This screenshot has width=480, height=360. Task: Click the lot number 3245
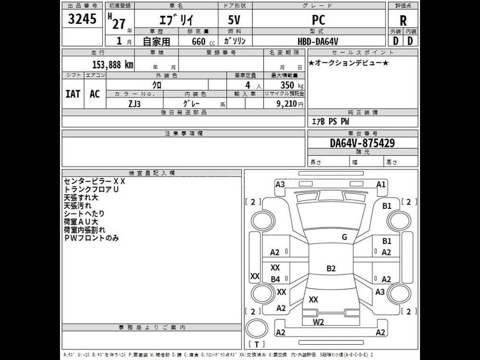(x=82, y=20)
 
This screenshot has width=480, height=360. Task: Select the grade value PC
(x=319, y=20)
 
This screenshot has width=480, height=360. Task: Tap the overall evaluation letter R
(x=403, y=21)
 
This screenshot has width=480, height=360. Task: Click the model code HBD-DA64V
(x=319, y=41)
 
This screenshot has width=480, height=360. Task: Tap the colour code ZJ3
(x=135, y=103)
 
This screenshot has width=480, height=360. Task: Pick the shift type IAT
(x=72, y=94)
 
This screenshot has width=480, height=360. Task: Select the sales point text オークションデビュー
(x=348, y=63)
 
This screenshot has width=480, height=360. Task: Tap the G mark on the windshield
(x=344, y=237)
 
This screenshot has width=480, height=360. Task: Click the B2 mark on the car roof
(x=331, y=268)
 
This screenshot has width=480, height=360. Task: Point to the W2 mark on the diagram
(x=319, y=322)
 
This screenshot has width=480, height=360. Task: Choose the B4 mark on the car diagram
(x=275, y=279)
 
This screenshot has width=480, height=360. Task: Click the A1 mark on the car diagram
(x=382, y=184)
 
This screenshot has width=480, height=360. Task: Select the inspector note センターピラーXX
(x=95, y=181)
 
